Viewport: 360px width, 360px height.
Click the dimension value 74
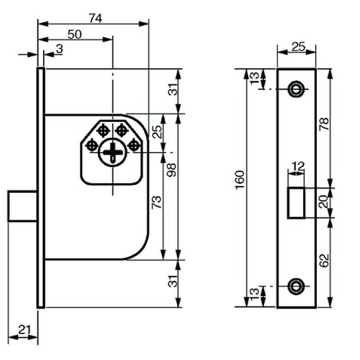pyautogui.click(x=96, y=18)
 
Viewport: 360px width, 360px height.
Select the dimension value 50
pyautogui.click(x=74, y=34)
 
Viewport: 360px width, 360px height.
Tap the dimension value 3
pyautogui.click(x=60, y=49)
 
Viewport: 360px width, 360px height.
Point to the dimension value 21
pyautogui.click(x=24, y=330)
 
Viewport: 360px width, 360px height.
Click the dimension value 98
pyautogui.click(x=172, y=170)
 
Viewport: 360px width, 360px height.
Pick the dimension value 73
pyautogui.click(x=156, y=202)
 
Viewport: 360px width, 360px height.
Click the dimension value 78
pyautogui.click(x=324, y=124)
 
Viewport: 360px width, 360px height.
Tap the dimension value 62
pyautogui.click(x=324, y=260)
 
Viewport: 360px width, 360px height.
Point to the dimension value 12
pyautogui.click(x=298, y=166)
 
